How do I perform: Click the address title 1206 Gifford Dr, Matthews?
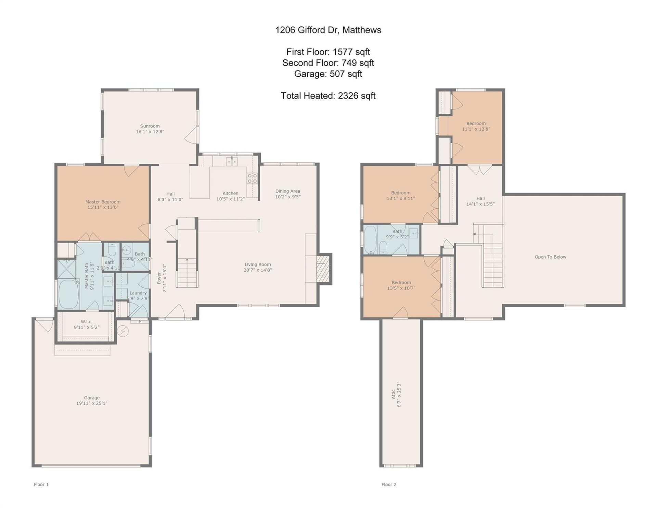(328, 30)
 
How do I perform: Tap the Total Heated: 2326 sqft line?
(328, 96)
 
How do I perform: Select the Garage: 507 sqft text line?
(328, 74)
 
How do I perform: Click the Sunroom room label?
(150, 126)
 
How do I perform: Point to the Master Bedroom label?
(103, 202)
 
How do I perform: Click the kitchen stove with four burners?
(253, 178)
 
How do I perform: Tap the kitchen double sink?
(232, 161)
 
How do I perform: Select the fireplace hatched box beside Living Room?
(322, 269)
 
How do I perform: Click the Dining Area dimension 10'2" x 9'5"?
(288, 197)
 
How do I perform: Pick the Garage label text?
(92, 398)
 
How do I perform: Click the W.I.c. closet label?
(87, 322)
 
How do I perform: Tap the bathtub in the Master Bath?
(68, 294)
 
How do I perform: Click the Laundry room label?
(138, 293)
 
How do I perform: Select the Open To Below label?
(550, 257)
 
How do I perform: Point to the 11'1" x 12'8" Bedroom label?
(476, 126)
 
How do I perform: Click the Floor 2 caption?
(389, 484)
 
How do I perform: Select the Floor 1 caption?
(41, 484)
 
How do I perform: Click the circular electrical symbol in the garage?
(123, 331)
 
